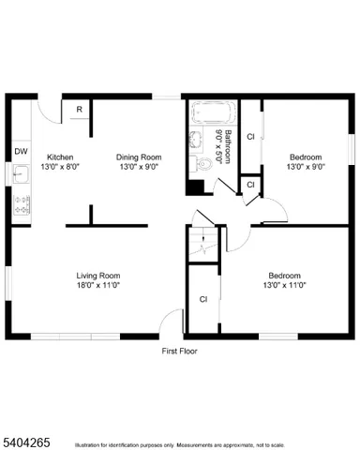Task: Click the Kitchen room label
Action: point(60,157)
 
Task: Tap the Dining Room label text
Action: point(139,157)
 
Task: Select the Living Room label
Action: point(98,276)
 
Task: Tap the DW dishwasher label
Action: point(21,151)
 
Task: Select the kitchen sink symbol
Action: point(20,173)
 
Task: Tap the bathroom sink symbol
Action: point(197,142)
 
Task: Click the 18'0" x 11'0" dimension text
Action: point(98,285)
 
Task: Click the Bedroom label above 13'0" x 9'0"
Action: point(306,157)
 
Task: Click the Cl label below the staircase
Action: point(202,299)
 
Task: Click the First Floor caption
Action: point(179,351)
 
